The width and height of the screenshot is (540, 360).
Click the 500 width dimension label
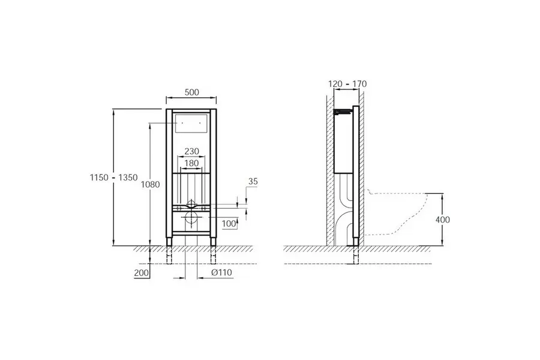(192, 92)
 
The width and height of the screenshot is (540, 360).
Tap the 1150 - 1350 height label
(113, 178)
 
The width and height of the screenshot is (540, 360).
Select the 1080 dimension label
(151, 185)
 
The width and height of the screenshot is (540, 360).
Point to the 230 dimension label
(191, 151)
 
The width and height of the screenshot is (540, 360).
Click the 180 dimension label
(191, 163)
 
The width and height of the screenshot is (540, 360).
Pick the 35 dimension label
(253, 182)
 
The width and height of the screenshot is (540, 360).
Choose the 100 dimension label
(229, 224)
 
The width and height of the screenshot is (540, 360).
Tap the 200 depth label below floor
(141, 273)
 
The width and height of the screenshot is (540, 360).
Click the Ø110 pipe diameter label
(221, 272)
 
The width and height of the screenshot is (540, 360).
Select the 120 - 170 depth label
(347, 84)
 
